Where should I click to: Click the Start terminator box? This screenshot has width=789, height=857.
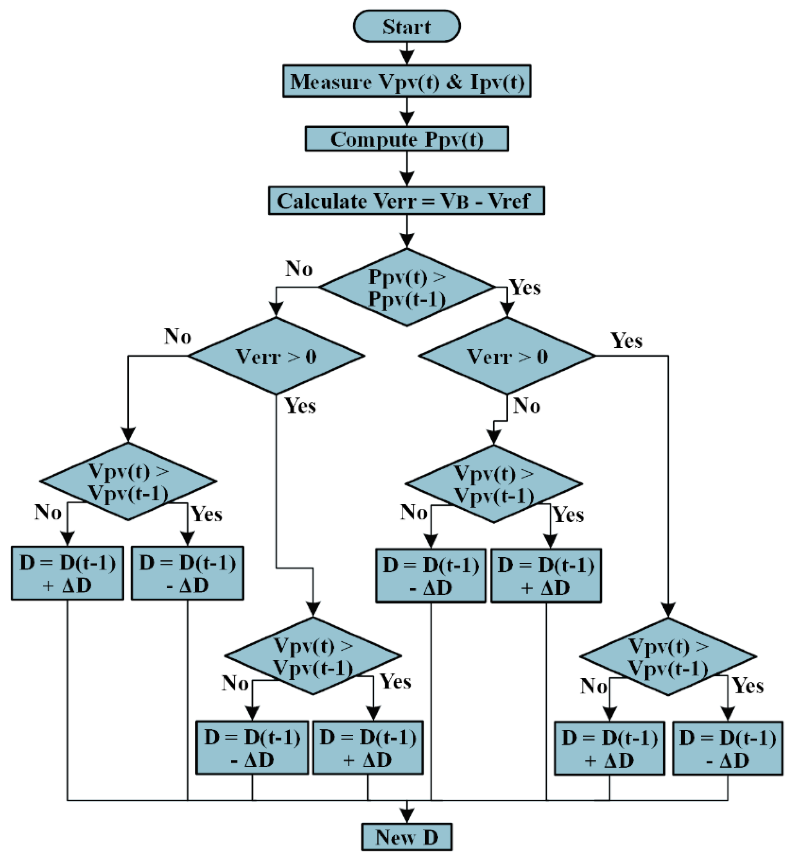pyautogui.click(x=406, y=26)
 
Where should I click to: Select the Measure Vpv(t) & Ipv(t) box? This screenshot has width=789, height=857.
pyautogui.click(x=406, y=81)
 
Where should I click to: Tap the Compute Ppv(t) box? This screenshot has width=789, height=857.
pyautogui.click(x=406, y=139)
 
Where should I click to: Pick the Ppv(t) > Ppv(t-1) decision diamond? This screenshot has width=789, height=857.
pyautogui.click(x=406, y=287)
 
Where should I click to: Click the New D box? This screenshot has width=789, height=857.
pyautogui.click(x=406, y=837)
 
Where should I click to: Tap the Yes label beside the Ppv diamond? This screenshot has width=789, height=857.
pyautogui.click(x=525, y=287)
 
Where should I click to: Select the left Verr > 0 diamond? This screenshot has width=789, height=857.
pyautogui.click(x=276, y=356)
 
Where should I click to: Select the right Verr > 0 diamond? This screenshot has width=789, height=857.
pyautogui.click(x=507, y=356)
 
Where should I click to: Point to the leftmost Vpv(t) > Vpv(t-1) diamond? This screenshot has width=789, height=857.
pyautogui.click(x=128, y=482)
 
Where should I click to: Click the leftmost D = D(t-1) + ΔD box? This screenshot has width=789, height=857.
pyautogui.click(x=68, y=573)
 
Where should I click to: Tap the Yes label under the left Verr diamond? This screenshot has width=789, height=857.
pyautogui.click(x=300, y=406)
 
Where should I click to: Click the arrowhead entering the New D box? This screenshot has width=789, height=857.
pyautogui.click(x=406, y=817)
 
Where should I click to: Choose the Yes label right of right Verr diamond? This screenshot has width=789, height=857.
pyautogui.click(x=626, y=341)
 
